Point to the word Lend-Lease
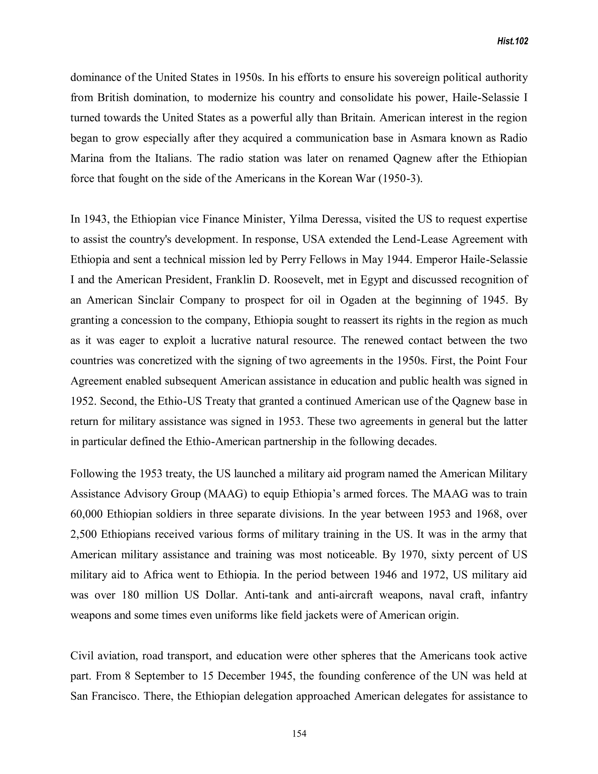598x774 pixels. click(x=420, y=240)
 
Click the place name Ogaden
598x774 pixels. click(x=358, y=300)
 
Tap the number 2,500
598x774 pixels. click(x=84, y=534)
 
